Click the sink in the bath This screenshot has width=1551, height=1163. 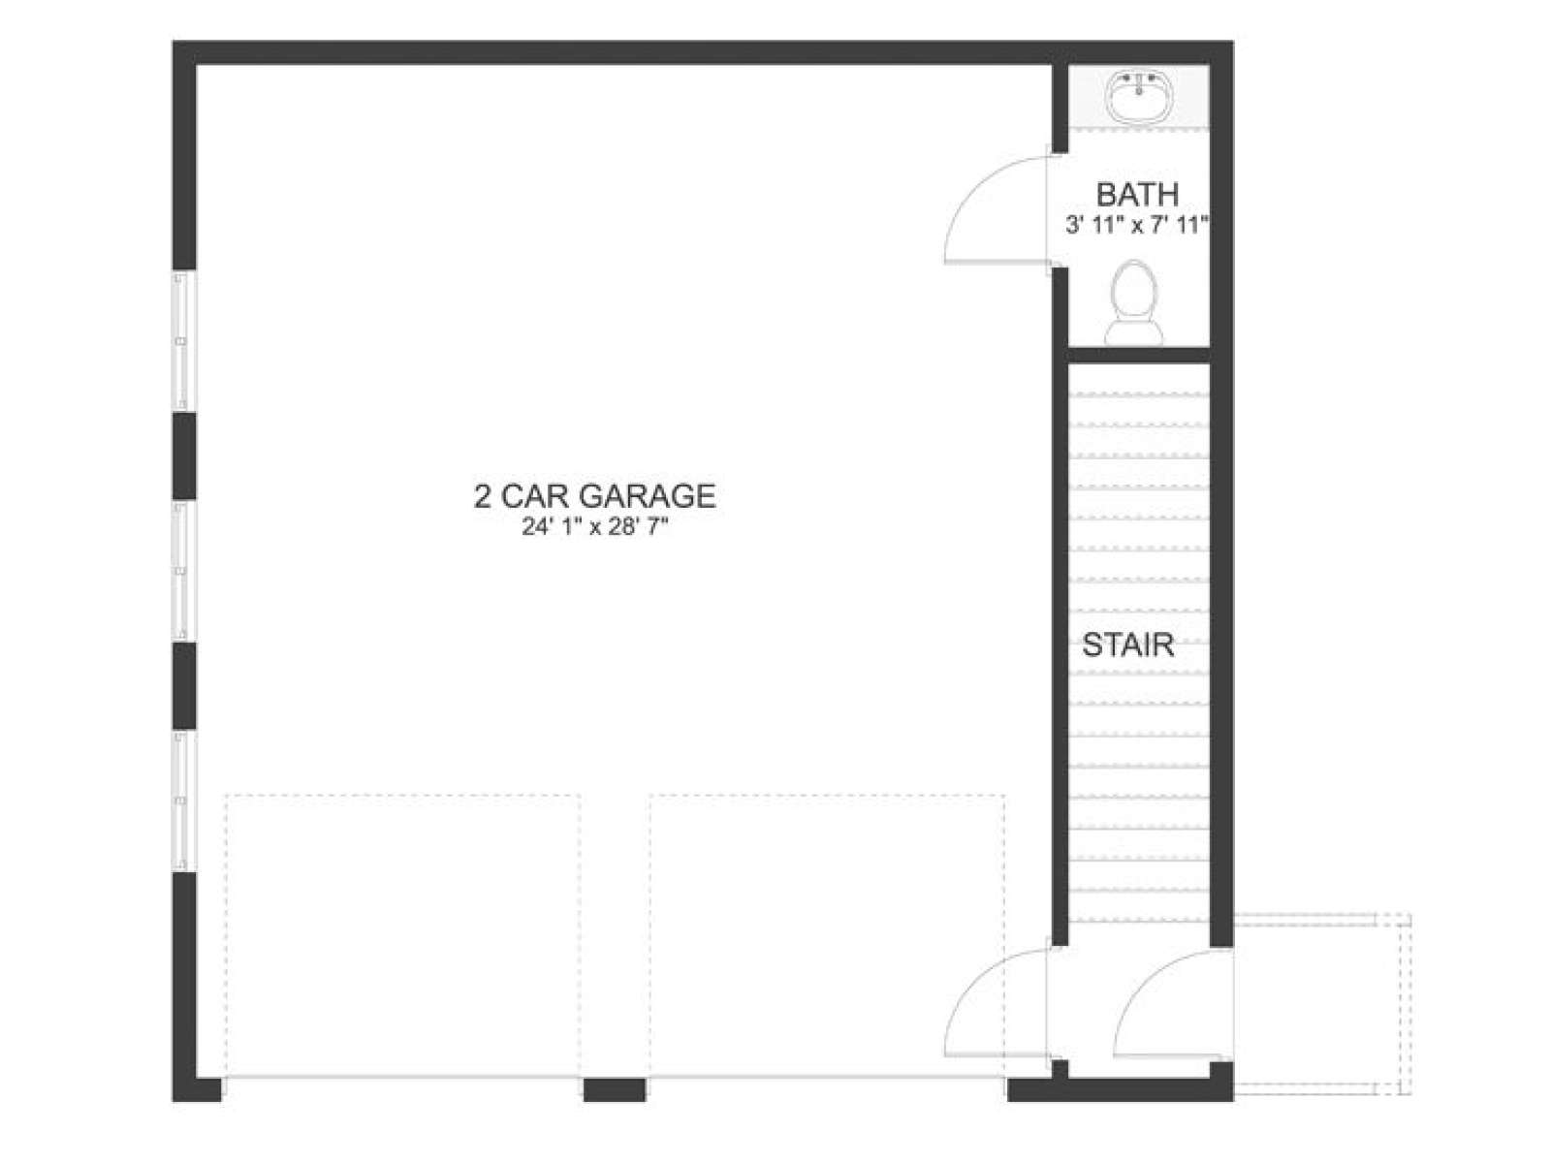1138,96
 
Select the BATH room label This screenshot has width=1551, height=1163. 1137,194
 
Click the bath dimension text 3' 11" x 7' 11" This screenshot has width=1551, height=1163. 1137,226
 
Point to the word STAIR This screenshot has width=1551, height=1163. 1127,644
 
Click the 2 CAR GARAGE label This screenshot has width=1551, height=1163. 594,495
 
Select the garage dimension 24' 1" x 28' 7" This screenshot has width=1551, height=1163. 594,527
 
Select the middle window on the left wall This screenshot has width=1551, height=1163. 182,571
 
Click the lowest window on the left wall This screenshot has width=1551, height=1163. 182,801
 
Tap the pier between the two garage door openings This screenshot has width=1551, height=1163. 614,1089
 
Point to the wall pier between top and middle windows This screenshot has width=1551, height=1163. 184,456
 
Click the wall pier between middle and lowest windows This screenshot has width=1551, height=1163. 184,685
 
